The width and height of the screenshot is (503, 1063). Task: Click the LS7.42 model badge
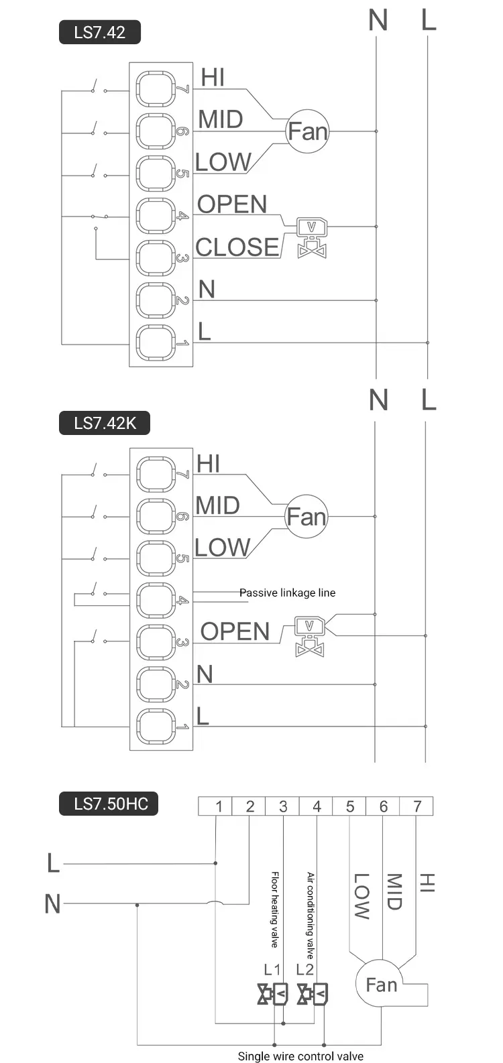100,32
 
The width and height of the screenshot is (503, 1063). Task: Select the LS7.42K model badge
105,423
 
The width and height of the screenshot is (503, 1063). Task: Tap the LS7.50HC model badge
109,803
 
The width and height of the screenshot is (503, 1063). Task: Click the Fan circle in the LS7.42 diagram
307,131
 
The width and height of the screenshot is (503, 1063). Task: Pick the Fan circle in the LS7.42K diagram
306,517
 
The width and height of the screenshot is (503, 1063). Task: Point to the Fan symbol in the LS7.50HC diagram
382,985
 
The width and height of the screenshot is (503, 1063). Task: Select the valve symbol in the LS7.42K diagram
310,636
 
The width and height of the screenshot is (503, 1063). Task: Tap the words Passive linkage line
287,592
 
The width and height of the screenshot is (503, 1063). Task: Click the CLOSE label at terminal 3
237,247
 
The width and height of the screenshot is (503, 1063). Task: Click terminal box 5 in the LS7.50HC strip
349,806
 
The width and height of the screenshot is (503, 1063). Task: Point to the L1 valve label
272,969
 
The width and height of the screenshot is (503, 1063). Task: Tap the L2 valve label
304,969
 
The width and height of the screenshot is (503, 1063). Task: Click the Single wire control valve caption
300,1056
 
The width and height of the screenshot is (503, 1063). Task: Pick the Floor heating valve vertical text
275,909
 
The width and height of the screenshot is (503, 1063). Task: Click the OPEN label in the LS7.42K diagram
235,631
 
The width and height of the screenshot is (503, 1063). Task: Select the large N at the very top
378,21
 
